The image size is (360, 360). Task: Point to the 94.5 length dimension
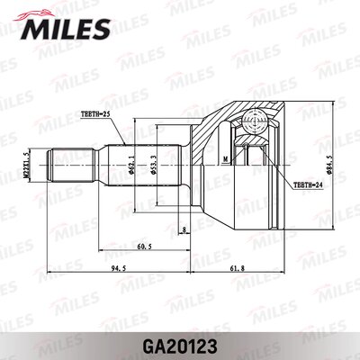112,268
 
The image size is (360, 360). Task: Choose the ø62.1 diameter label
131,166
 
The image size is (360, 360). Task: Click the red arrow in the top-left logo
36,13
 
